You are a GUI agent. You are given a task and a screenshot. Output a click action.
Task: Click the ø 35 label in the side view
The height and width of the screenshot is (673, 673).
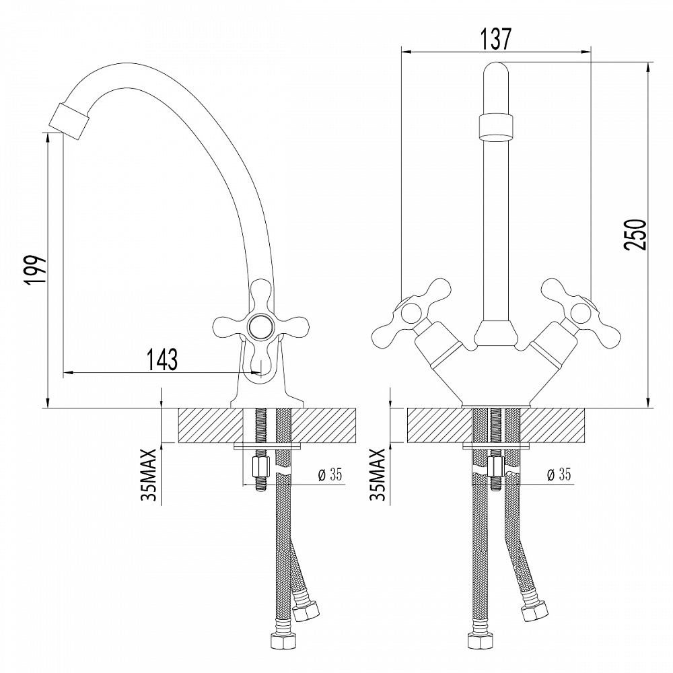pyautogui.click(x=330, y=474)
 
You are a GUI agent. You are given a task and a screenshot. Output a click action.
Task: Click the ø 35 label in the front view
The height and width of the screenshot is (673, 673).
pyautogui.click(x=559, y=474)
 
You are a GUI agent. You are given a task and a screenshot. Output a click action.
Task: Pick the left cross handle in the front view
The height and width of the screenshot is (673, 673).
pyautogui.click(x=404, y=312)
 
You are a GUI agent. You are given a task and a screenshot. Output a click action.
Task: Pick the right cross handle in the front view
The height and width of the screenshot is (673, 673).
pyautogui.click(x=577, y=311)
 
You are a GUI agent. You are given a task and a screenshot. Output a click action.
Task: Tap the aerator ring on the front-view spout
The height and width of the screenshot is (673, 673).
pyautogui.click(x=496, y=127)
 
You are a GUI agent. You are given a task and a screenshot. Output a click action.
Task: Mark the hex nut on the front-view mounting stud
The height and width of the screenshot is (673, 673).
pyautogui.click(x=496, y=466)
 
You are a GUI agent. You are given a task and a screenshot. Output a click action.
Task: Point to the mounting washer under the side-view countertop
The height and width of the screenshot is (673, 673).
pyautogui.click(x=267, y=446)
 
